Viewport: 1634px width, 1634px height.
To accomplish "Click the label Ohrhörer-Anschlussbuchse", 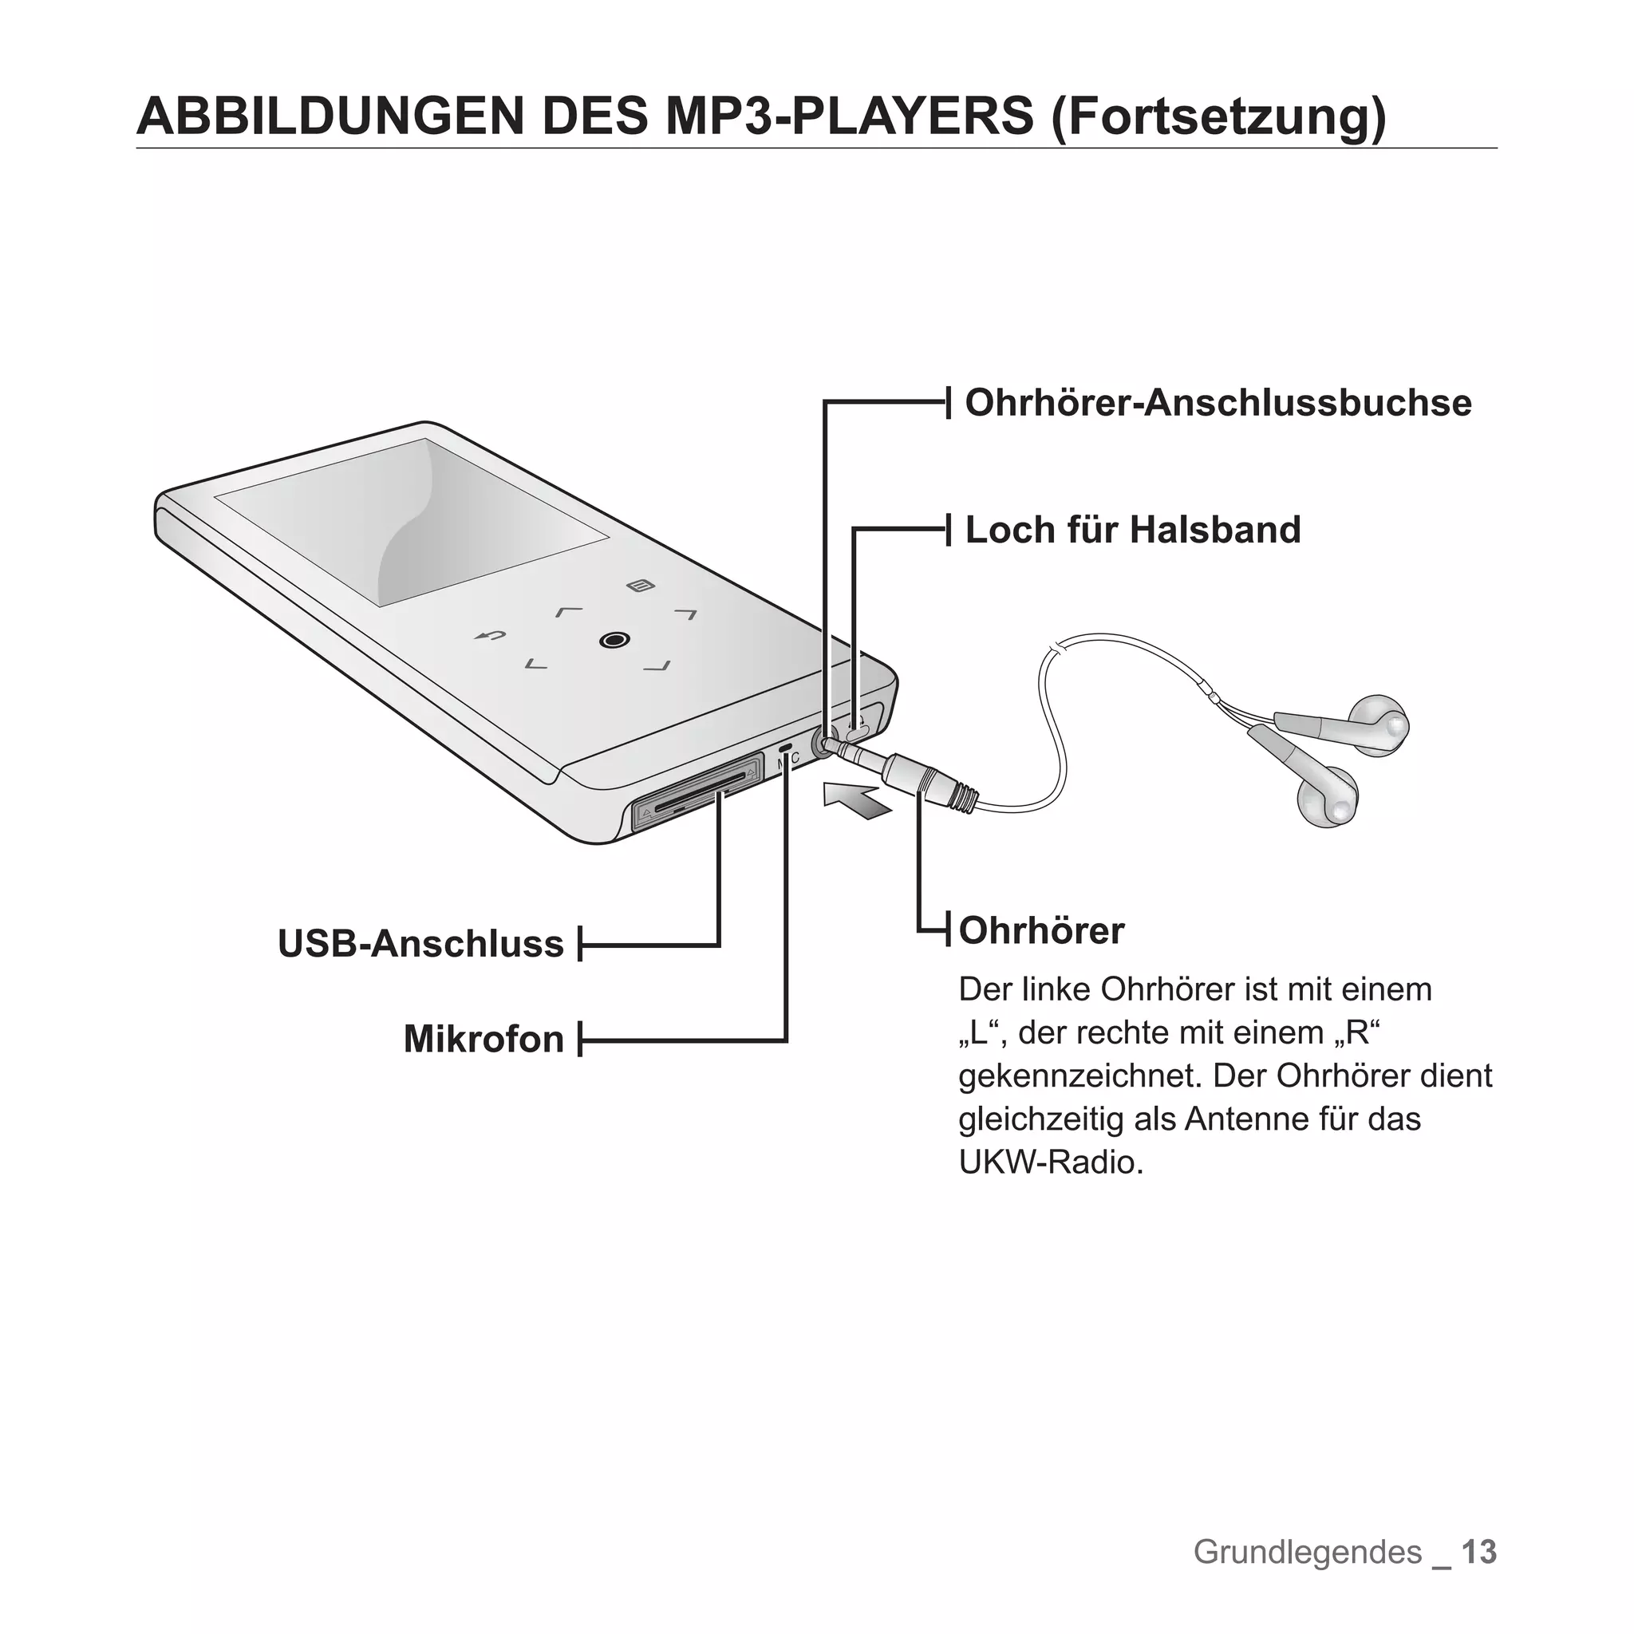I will (1217, 404).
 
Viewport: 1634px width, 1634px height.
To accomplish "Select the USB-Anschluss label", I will (420, 944).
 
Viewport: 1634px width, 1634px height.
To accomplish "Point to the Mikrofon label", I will (483, 1040).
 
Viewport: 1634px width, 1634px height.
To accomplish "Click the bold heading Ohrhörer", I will (1041, 931).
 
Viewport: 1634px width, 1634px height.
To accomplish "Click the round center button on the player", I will (614, 640).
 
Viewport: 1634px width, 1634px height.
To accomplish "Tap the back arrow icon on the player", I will (490, 636).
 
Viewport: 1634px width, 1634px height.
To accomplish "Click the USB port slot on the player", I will (693, 790).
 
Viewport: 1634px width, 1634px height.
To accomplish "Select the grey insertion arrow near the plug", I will (858, 799).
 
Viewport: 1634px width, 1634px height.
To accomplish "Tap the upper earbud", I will (1379, 724).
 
